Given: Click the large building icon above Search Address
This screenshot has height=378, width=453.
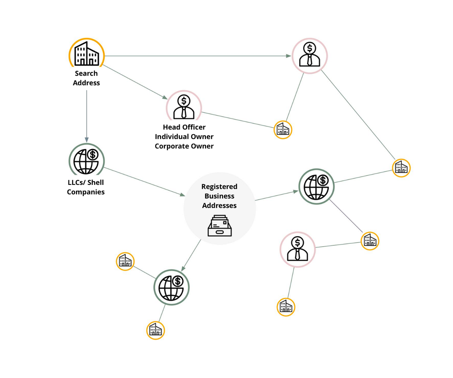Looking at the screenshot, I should tap(86, 54).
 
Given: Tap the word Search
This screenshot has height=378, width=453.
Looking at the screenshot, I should tap(86, 73).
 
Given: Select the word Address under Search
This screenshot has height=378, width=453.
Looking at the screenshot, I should tap(86, 83).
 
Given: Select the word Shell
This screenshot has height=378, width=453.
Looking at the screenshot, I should tap(95, 182).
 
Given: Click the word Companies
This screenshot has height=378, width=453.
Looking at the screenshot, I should tap(86, 192).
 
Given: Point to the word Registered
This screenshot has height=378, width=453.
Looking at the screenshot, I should tap(219, 186).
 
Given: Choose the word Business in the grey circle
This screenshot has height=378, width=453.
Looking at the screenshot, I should tap(219, 196).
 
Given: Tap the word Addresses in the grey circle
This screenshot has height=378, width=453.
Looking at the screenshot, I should tap(219, 205).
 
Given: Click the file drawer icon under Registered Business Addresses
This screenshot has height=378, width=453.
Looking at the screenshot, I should tap(220, 226).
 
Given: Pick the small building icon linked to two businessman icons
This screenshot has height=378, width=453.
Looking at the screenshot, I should tap(283, 130).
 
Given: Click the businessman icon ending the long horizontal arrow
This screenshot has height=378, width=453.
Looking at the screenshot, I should tap(309, 56).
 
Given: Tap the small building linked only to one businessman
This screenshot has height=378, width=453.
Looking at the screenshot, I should tap(286, 307).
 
